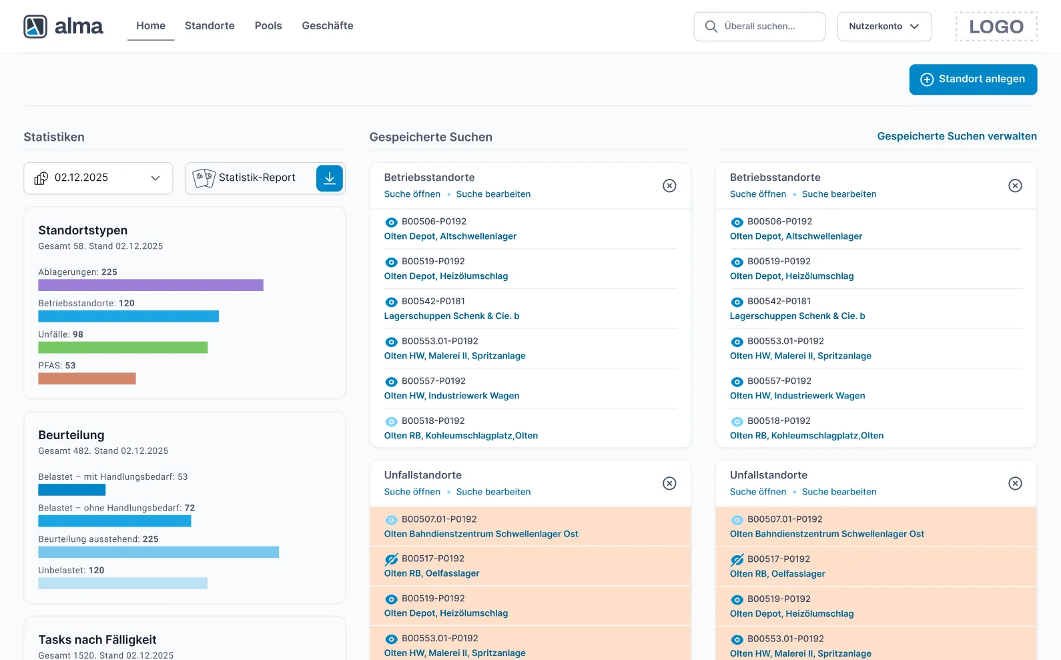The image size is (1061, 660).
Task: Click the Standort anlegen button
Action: (x=972, y=79)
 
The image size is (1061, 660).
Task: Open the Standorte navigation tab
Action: (x=210, y=26)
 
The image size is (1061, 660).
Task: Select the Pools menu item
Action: (x=268, y=26)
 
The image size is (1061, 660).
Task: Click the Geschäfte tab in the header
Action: (x=327, y=26)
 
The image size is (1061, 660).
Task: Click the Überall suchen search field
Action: (x=759, y=27)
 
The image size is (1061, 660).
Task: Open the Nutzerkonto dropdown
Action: (x=883, y=27)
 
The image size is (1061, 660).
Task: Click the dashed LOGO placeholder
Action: (x=996, y=27)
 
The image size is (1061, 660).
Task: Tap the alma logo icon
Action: (x=35, y=27)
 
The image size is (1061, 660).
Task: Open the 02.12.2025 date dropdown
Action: (x=98, y=178)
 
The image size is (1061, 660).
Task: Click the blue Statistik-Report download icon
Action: (x=329, y=178)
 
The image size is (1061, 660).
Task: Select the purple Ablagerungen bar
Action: (x=151, y=285)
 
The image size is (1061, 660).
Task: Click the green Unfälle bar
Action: (x=123, y=348)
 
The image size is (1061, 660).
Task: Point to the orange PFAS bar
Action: (x=87, y=378)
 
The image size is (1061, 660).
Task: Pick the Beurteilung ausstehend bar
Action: (x=158, y=552)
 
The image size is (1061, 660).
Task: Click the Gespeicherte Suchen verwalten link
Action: (x=956, y=136)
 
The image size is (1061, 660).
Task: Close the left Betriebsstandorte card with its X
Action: (x=669, y=186)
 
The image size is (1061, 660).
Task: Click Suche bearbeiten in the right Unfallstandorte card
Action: (x=839, y=492)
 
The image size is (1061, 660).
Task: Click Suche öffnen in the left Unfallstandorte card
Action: (x=412, y=492)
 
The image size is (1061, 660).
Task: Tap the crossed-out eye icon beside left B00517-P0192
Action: (x=391, y=559)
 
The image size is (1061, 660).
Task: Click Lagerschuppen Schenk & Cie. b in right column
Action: (x=797, y=316)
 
